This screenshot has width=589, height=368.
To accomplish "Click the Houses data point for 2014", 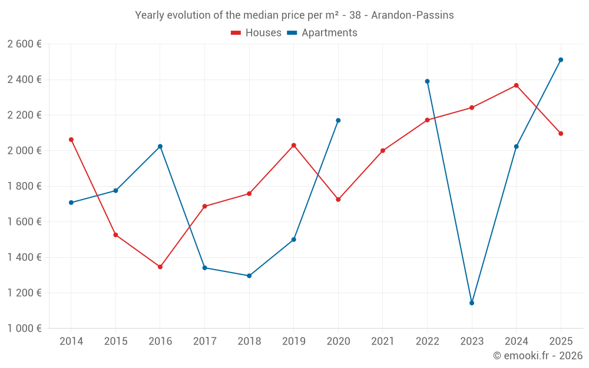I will tap(71, 140).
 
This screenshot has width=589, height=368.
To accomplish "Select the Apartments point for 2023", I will tap(472, 303).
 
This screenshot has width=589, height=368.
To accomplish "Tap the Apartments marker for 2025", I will tap(561, 59).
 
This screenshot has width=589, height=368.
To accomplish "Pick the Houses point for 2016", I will tap(160, 267).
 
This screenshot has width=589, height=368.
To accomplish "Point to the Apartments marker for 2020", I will tap(338, 121).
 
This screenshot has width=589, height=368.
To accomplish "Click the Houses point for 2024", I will tap(517, 85).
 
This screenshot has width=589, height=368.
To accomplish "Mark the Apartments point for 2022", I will tap(427, 81).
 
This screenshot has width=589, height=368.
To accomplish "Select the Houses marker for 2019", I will tap(294, 145).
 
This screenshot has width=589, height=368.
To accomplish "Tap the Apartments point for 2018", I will tap(249, 276).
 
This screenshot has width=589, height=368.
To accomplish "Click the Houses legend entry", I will tap(256, 33).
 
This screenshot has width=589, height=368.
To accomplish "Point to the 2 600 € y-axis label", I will tap(24, 44).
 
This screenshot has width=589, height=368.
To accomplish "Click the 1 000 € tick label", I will tap(24, 329).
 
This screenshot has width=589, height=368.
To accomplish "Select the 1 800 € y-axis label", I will tap(24, 186).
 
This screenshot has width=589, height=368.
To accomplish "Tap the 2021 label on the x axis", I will tap(383, 342).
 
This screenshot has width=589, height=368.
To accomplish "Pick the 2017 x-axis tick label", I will tap(204, 342).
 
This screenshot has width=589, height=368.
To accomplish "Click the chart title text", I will tap(294, 15).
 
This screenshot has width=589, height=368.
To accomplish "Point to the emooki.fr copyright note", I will tap(538, 356).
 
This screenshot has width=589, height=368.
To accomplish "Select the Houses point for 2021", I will tap(383, 151).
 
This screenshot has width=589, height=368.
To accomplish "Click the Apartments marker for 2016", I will tap(160, 147).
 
